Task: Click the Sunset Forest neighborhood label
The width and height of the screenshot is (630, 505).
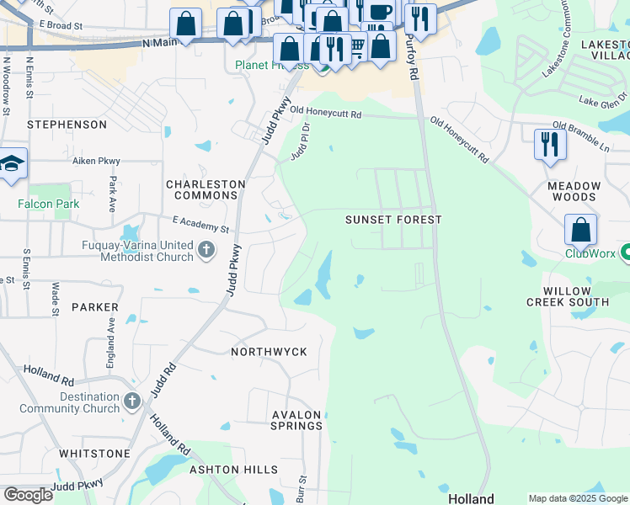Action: pyautogui.click(x=393, y=220)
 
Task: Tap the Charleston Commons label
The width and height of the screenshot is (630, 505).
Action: pyautogui.click(x=206, y=189)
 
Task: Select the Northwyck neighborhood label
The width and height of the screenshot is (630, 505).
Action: pyautogui.click(x=270, y=351)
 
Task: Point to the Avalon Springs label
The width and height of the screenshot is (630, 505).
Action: pyautogui.click(x=296, y=420)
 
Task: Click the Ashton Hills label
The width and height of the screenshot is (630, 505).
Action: pyautogui.click(x=233, y=469)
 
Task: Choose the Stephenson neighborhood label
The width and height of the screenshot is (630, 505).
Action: pyautogui.click(x=67, y=125)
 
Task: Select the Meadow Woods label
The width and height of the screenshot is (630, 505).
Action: pyautogui.click(x=574, y=191)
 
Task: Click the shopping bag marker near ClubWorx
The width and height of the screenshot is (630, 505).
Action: pyautogui.click(x=580, y=229)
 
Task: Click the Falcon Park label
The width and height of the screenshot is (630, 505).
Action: pyautogui.click(x=48, y=204)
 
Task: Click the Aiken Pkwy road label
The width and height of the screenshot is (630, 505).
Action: pyautogui.click(x=96, y=161)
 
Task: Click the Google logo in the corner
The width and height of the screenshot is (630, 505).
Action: pyautogui.click(x=28, y=495)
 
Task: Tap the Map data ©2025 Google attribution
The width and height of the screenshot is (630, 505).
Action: pyautogui.click(x=577, y=498)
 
